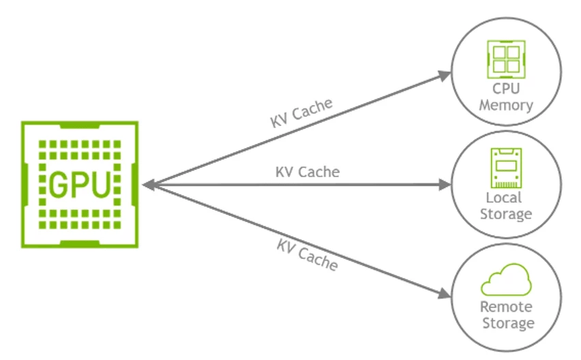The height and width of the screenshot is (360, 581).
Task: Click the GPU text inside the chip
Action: [80, 184]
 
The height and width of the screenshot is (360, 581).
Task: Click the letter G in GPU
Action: [59, 184]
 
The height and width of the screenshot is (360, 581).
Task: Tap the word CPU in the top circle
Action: [505, 91]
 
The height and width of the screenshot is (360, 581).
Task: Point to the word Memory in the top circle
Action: [505, 106]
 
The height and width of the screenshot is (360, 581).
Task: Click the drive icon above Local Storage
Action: [505, 168]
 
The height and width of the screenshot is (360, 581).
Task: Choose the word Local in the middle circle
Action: [505, 198]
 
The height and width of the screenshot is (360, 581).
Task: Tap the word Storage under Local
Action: [505, 214]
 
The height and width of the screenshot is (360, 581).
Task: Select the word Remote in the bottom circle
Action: [506, 307]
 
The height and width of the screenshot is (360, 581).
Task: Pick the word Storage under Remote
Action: [506, 322]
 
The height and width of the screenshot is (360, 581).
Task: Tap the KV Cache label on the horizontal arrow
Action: [307, 171]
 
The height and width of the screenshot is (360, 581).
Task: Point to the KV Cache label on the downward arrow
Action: [307, 254]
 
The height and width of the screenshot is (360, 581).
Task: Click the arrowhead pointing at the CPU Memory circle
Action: [445, 74]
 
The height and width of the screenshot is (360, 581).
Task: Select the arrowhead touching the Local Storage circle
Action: [445, 184]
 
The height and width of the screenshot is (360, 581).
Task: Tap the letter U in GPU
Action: [101, 184]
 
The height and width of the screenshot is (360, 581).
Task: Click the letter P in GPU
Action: [80, 184]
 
